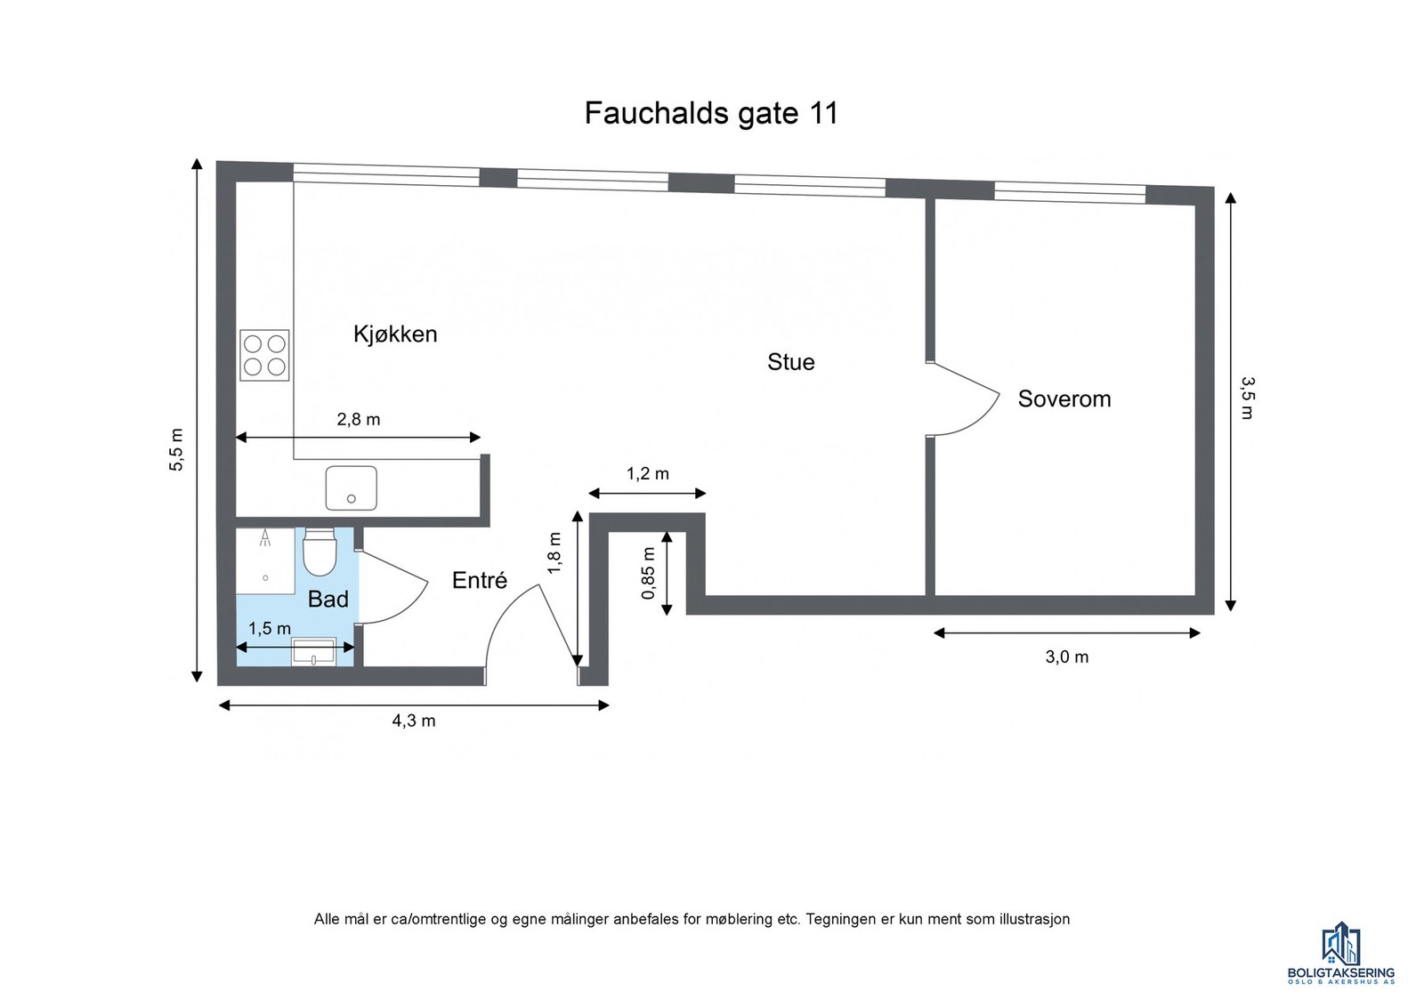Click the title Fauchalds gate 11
pos(710,114)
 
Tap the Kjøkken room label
pos(395,334)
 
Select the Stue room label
pos(790,362)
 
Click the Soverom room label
pos(1064,399)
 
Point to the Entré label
pos(479,581)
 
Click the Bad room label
pos(328,600)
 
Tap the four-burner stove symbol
pos(264,355)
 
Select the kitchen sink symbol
pos(351,487)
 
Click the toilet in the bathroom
pos(319,552)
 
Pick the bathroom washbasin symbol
pos(314,652)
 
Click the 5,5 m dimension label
pos(176,449)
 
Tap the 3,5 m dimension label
pos(1248,398)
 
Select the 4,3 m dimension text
pos(414,721)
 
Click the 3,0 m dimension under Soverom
pos(1066,657)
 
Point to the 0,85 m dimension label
pos(648,572)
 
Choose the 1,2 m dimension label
pos(647,474)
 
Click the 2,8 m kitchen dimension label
pos(358,420)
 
